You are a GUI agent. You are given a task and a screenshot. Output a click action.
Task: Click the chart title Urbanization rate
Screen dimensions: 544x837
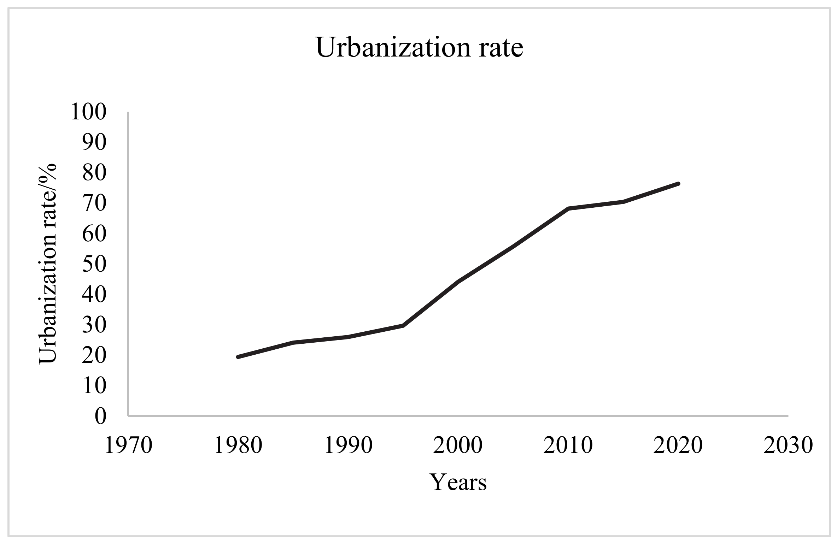point(419,48)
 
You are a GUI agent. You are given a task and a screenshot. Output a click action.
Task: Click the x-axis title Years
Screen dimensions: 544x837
point(458,482)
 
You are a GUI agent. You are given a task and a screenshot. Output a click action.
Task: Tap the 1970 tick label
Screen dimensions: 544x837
point(128,445)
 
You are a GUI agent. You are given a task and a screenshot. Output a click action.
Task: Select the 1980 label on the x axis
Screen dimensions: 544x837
point(238,445)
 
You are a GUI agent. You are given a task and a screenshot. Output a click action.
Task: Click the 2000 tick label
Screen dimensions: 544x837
point(458,445)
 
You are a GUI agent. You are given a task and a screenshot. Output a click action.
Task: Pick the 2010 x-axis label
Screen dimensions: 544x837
point(568,445)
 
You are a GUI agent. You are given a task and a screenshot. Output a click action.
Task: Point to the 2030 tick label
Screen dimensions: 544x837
point(788,445)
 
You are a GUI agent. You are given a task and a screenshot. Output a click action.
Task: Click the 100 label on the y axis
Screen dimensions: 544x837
point(88,112)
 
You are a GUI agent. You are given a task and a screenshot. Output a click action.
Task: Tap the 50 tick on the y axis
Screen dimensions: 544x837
point(94,264)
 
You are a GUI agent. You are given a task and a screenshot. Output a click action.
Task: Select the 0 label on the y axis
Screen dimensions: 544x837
point(100,416)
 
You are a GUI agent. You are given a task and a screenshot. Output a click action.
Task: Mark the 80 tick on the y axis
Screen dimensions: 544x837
point(94,173)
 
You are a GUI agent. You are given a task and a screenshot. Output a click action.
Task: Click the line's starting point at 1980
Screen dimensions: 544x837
point(238,357)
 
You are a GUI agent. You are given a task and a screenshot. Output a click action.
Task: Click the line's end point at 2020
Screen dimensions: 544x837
point(678,184)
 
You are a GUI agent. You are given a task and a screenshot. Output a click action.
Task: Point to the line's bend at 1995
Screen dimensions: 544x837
point(403,325)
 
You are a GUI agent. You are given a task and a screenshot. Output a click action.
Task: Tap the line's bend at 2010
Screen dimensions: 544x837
point(568,208)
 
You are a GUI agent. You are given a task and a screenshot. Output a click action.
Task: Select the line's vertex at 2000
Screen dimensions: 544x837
point(458,282)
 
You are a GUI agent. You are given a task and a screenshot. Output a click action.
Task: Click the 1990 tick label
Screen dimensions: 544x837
point(348,445)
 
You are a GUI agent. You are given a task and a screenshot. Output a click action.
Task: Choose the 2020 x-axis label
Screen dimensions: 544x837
point(678,445)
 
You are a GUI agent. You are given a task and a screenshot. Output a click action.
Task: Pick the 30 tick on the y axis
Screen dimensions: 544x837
point(94,325)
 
